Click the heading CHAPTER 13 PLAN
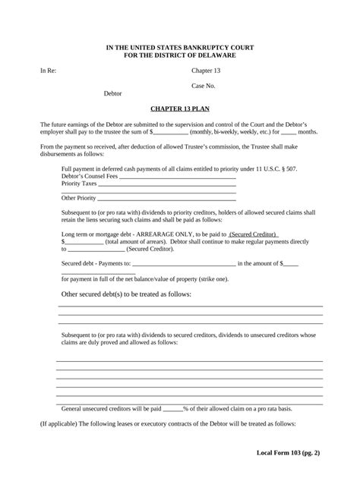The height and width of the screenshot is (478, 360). click(180, 108)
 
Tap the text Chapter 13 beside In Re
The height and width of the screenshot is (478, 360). click(206, 71)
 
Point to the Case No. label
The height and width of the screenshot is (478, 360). click(204, 86)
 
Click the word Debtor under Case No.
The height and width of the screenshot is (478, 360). click(112, 93)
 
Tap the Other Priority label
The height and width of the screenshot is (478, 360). click(79, 197)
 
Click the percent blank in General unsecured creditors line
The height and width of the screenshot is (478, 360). click(173, 407)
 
